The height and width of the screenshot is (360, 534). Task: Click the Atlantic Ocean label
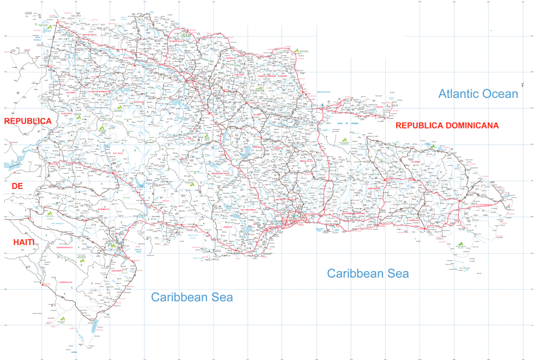pos(478,94)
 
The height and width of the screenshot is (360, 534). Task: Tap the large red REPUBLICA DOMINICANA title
pos(447,125)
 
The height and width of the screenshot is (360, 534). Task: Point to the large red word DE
pos(17,186)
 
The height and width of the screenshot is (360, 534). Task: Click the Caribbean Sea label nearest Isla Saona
pos(368,273)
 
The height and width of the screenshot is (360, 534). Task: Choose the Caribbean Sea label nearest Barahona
pos(192,297)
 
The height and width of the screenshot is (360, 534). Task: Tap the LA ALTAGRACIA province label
pos(484,205)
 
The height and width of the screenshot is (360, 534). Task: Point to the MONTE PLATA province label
pos(307,161)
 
